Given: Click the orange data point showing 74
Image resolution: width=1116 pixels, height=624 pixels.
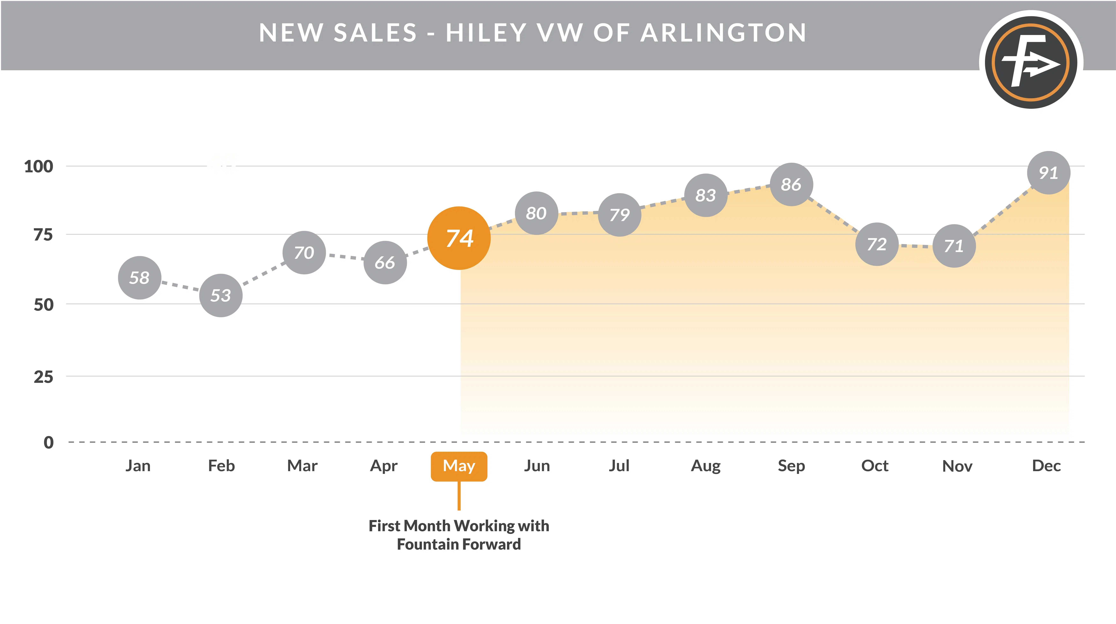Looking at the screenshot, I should pos(459,238).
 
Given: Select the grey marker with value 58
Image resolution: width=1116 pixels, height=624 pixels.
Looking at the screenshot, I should pos(139,278).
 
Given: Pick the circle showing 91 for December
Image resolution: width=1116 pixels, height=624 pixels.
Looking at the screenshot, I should pos(1048,173).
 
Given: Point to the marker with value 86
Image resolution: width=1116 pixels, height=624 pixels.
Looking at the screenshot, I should pos(791,184).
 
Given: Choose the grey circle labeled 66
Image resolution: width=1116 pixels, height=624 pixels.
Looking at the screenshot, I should pos(385,262).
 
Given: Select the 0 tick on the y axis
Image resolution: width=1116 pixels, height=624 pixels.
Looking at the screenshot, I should pos(49,442).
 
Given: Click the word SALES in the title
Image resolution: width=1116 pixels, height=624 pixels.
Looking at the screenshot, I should pos(375,33).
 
